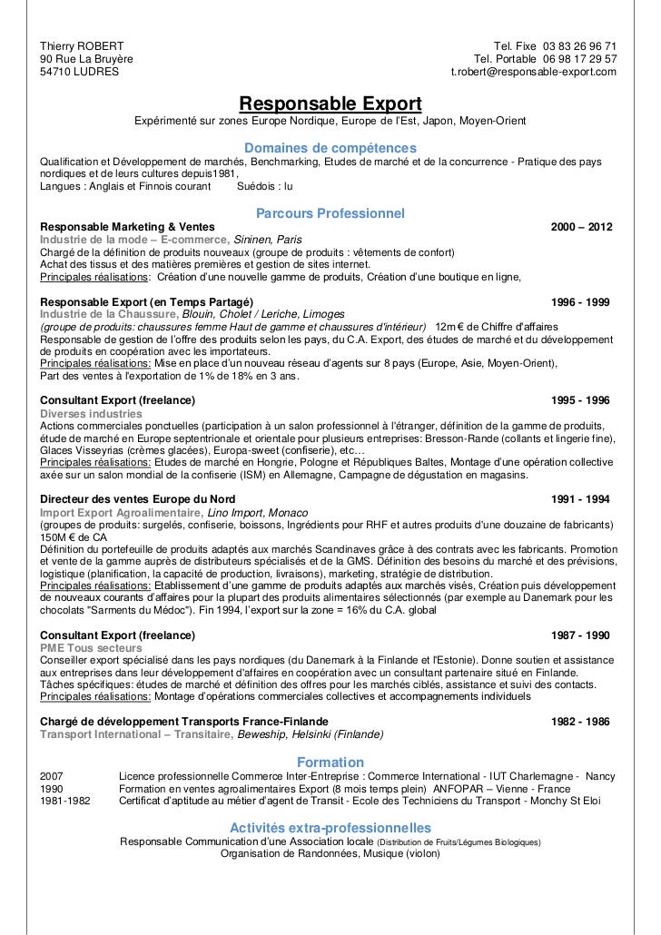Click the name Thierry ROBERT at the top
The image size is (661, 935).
coord(83,46)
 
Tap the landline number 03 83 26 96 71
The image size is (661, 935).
coord(580,46)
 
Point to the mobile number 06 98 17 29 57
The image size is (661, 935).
coord(580,59)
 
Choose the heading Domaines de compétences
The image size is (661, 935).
coord(330,147)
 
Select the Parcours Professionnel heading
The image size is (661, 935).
coord(330,213)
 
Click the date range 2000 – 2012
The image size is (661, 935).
coord(582,227)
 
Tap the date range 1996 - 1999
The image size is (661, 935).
coord(581,301)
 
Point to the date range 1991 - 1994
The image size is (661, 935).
coord(581,499)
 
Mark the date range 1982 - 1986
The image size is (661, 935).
coord(581,722)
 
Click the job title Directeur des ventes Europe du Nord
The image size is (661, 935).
coord(139,499)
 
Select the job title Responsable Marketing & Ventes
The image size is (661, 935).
coord(128,227)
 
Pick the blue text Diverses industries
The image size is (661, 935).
coord(92,413)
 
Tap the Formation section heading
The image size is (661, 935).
coord(330,763)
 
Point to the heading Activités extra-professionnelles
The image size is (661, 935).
coord(330,828)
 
